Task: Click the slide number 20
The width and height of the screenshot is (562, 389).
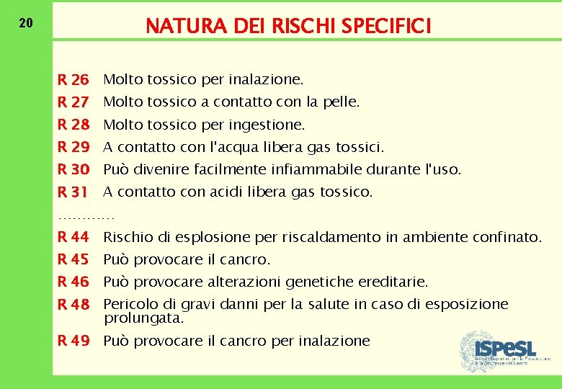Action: (25, 23)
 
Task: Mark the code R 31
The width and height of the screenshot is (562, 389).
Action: (73, 192)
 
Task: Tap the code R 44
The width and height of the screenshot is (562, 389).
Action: (73, 237)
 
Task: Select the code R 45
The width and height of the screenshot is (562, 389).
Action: (73, 259)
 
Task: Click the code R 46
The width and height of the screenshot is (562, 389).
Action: (73, 282)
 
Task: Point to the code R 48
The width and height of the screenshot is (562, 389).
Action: (73, 305)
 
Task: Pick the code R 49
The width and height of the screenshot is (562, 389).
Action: (73, 341)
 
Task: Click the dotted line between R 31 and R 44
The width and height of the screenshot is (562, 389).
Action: (86, 215)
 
